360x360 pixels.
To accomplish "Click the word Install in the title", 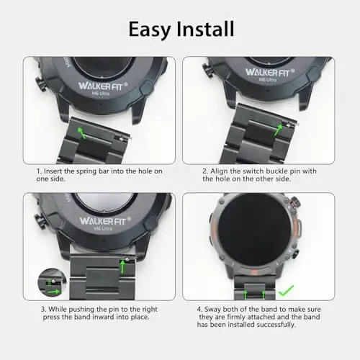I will [x=206, y=29].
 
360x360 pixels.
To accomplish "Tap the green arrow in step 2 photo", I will [x=278, y=127].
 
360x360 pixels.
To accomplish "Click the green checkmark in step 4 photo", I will [x=287, y=291].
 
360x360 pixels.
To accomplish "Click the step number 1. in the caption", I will [x=40, y=171].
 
